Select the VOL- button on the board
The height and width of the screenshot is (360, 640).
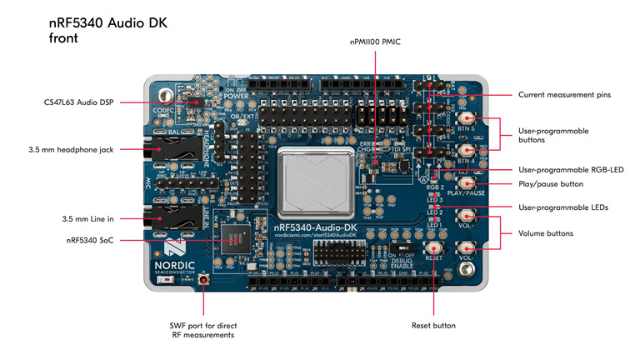click(x=467, y=248)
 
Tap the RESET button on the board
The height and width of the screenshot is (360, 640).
click(x=434, y=248)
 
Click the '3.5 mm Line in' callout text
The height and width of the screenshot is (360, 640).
click(x=87, y=218)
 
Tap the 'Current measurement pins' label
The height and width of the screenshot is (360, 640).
click(x=564, y=95)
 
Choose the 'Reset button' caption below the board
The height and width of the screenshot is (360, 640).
click(x=433, y=325)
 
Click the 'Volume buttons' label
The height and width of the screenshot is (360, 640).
click(x=546, y=233)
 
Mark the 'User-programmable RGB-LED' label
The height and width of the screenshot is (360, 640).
click(x=571, y=169)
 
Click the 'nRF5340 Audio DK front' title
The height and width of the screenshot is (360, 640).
click(x=107, y=30)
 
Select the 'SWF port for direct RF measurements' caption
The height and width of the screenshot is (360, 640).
click(x=202, y=330)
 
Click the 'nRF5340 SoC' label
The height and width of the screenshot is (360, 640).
click(x=91, y=240)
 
